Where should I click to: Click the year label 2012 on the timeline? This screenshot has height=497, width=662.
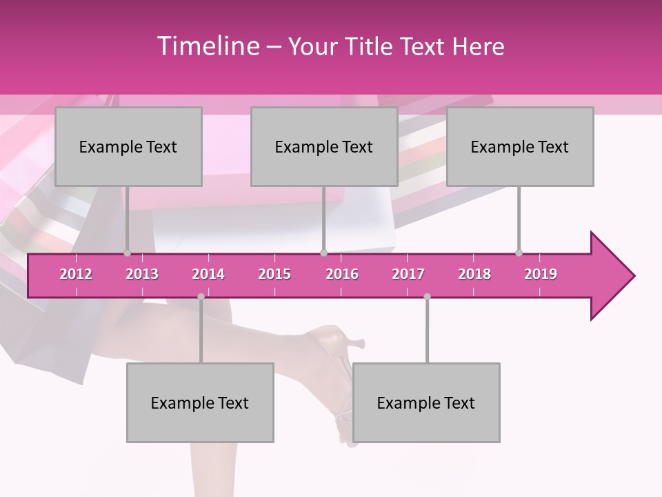coord(76,274)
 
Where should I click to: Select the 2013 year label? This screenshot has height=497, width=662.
coord(142,274)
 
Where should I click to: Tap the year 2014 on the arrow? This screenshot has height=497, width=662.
coord(208,274)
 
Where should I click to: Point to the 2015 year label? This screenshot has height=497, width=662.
coord(274,274)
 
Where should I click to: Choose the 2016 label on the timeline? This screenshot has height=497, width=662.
coord(342,274)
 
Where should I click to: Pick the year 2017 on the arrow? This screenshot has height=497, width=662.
coord(408,274)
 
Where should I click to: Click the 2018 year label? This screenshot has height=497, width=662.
coord(474,274)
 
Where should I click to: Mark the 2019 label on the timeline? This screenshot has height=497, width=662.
coord(541,274)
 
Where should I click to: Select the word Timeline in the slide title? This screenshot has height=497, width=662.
coord(207,46)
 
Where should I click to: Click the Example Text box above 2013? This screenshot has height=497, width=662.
coord(128,146)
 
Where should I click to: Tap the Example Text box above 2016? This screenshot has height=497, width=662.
coord(324,146)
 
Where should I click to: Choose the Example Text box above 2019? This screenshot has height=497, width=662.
coord(520,146)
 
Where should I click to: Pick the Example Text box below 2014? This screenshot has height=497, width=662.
coord(200,402)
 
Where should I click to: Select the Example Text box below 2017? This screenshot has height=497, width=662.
coord(426,402)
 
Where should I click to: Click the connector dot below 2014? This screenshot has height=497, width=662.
coord(201,297)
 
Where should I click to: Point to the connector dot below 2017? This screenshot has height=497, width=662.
coord(427,297)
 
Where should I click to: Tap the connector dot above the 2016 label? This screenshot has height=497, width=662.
coord(324,253)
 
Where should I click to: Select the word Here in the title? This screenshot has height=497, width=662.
coord(479,47)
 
